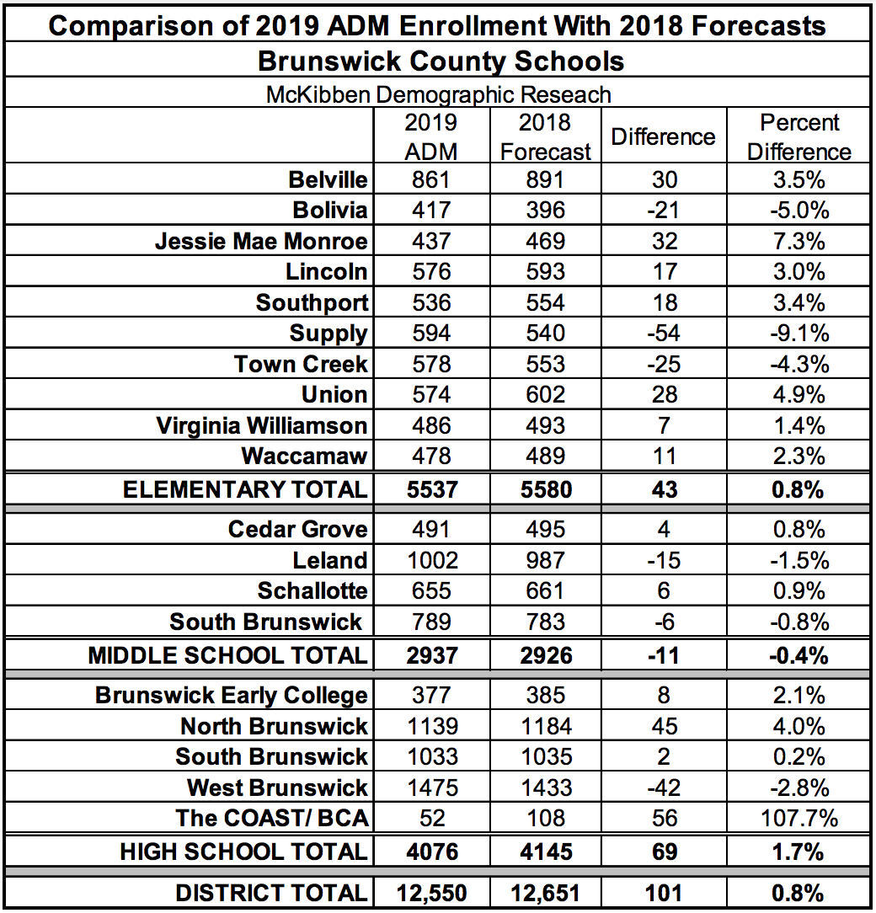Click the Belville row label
[328, 179]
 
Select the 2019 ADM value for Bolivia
[430, 211]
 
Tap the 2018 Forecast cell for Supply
[545, 334]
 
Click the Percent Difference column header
[799, 136]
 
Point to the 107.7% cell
[799, 819]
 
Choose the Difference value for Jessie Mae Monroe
[664, 242]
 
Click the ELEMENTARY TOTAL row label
[245, 489]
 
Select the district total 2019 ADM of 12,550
[430, 892]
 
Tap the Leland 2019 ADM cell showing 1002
[430, 561]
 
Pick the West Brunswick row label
[277, 788]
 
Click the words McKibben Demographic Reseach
[438, 94]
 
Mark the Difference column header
[663, 136]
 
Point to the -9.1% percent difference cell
[799, 334]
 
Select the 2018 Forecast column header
[545, 136]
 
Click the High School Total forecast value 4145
[545, 852]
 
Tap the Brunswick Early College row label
[232, 696]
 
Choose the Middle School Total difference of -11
[664, 654]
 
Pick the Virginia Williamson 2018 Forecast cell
[545, 425]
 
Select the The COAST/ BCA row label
[271, 819]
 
